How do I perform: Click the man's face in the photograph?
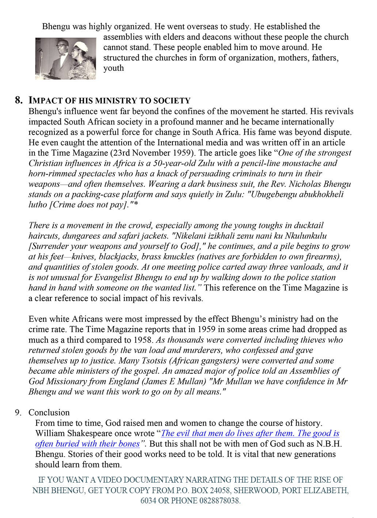pyautogui.click(x=61, y=46)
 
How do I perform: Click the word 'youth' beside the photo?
pyautogui.click(x=113, y=68)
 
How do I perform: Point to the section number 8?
pyautogui.click(x=19, y=100)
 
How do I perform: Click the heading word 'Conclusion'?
pyautogui.click(x=49, y=413)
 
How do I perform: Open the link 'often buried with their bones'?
pyautogui.click(x=87, y=444)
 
